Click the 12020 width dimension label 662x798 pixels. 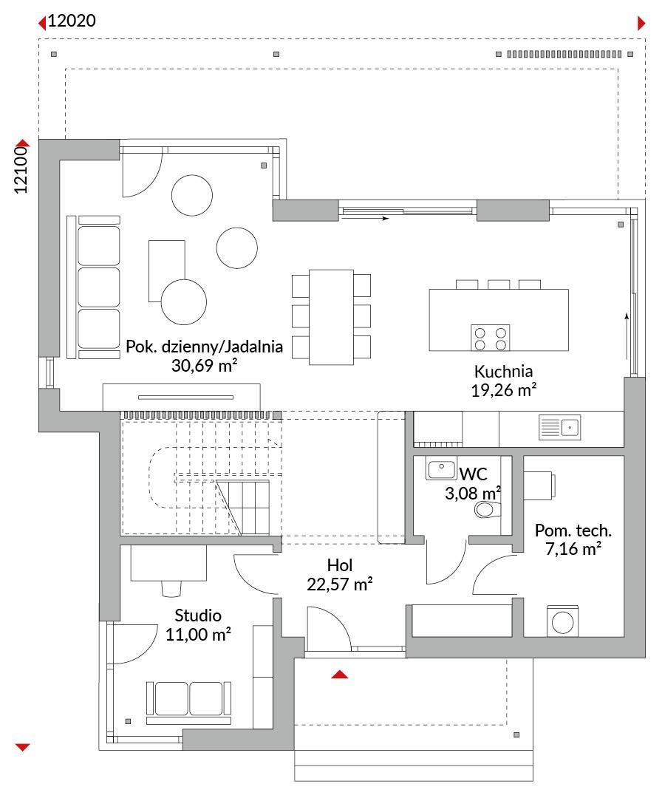pos(72,21)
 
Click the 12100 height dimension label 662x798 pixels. pos(21,170)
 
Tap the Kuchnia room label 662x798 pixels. pos(503,371)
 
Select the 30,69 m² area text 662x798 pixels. pos(204,366)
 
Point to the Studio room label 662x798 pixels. pos(198,615)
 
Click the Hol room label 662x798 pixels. pos(339,565)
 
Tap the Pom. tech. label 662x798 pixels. pos(573,531)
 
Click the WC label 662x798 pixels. pos(473,474)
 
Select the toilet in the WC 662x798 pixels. pos(488,509)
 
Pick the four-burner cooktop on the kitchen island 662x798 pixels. pos(490,338)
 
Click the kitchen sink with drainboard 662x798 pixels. pos(559,428)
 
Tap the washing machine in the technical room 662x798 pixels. pos(562,621)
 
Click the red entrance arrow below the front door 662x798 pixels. pos(339,675)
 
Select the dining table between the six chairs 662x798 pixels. pos(331,317)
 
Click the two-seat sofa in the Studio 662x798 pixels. pos(189,703)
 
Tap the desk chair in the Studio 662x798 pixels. pos(171,588)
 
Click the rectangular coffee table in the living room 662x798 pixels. pos(166,270)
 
